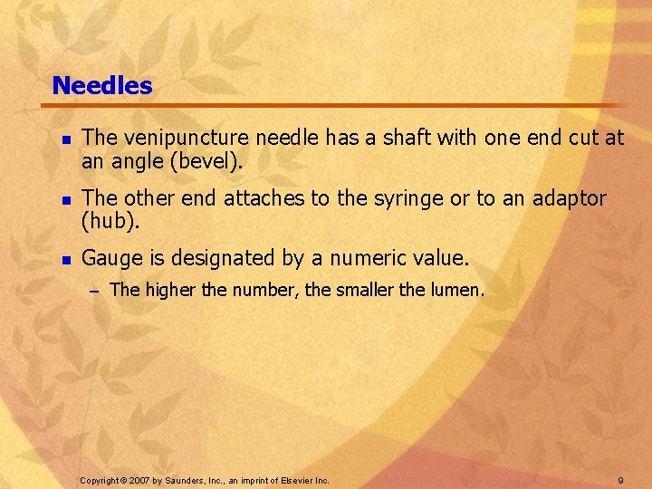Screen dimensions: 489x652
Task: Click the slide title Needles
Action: point(102,86)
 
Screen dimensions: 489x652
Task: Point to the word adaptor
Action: point(567,197)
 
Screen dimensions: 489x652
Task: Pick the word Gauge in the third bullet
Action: point(110,259)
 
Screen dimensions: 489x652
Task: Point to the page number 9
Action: point(620,479)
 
